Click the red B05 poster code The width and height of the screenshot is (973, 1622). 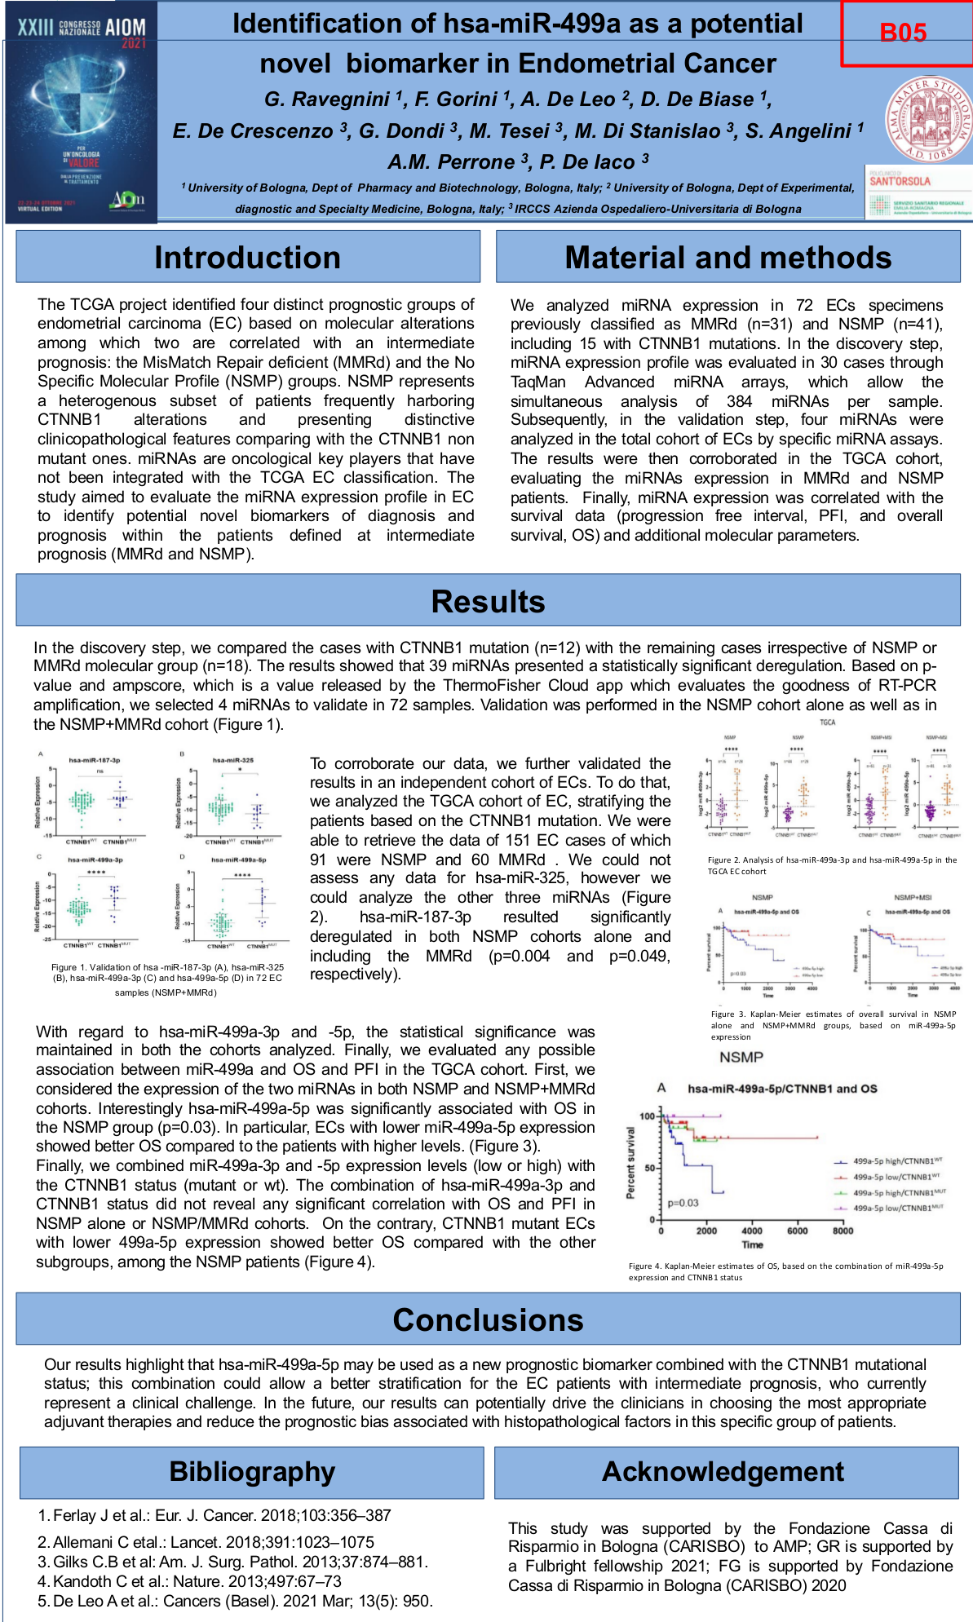click(x=903, y=33)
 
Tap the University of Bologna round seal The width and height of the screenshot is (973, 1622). click(x=929, y=119)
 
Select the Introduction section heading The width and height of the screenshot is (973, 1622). click(x=247, y=257)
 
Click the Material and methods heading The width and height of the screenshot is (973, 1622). click(x=728, y=257)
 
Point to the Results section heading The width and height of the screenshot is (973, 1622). click(x=488, y=601)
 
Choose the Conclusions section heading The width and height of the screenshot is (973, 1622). click(x=488, y=1319)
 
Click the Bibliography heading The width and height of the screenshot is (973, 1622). click(x=252, y=1472)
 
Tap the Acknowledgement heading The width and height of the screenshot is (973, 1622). click(x=723, y=1472)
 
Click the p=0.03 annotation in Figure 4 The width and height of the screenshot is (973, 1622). click(x=683, y=1203)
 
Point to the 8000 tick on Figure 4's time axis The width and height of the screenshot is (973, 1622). click(x=843, y=1231)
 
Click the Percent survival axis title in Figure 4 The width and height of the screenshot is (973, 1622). click(x=630, y=1163)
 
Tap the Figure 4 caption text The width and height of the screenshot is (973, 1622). click(x=785, y=1271)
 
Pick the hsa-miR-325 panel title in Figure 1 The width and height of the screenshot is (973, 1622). click(x=233, y=760)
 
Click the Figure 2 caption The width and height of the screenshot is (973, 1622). click(x=832, y=865)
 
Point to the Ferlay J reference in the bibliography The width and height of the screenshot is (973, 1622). click(x=215, y=1515)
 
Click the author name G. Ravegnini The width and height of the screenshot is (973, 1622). click(x=327, y=99)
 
